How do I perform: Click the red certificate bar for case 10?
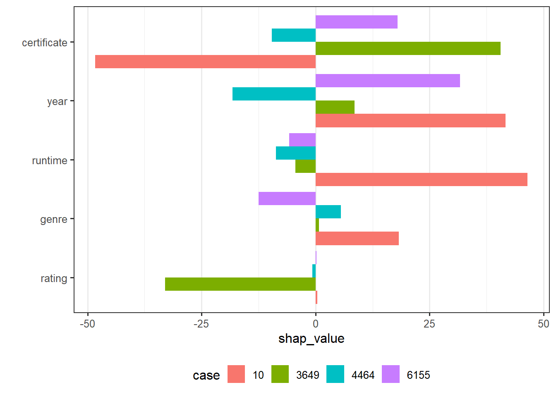205,62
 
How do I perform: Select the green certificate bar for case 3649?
408,48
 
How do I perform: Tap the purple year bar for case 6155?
388,81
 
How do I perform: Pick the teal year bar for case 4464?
274,94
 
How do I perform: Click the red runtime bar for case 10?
421,179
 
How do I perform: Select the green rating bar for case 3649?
240,284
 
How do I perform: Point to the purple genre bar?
287,198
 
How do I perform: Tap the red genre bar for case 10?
357,239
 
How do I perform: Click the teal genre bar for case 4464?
328,212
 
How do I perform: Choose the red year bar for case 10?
410,121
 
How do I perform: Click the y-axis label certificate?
45,43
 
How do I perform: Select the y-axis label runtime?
50,160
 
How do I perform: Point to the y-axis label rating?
54,278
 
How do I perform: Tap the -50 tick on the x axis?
87,324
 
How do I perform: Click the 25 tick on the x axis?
429,324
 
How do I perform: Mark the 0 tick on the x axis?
316,324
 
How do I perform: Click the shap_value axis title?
311,339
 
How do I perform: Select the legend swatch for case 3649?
280,374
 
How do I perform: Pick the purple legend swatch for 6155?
391,374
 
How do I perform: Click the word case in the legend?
206,375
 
